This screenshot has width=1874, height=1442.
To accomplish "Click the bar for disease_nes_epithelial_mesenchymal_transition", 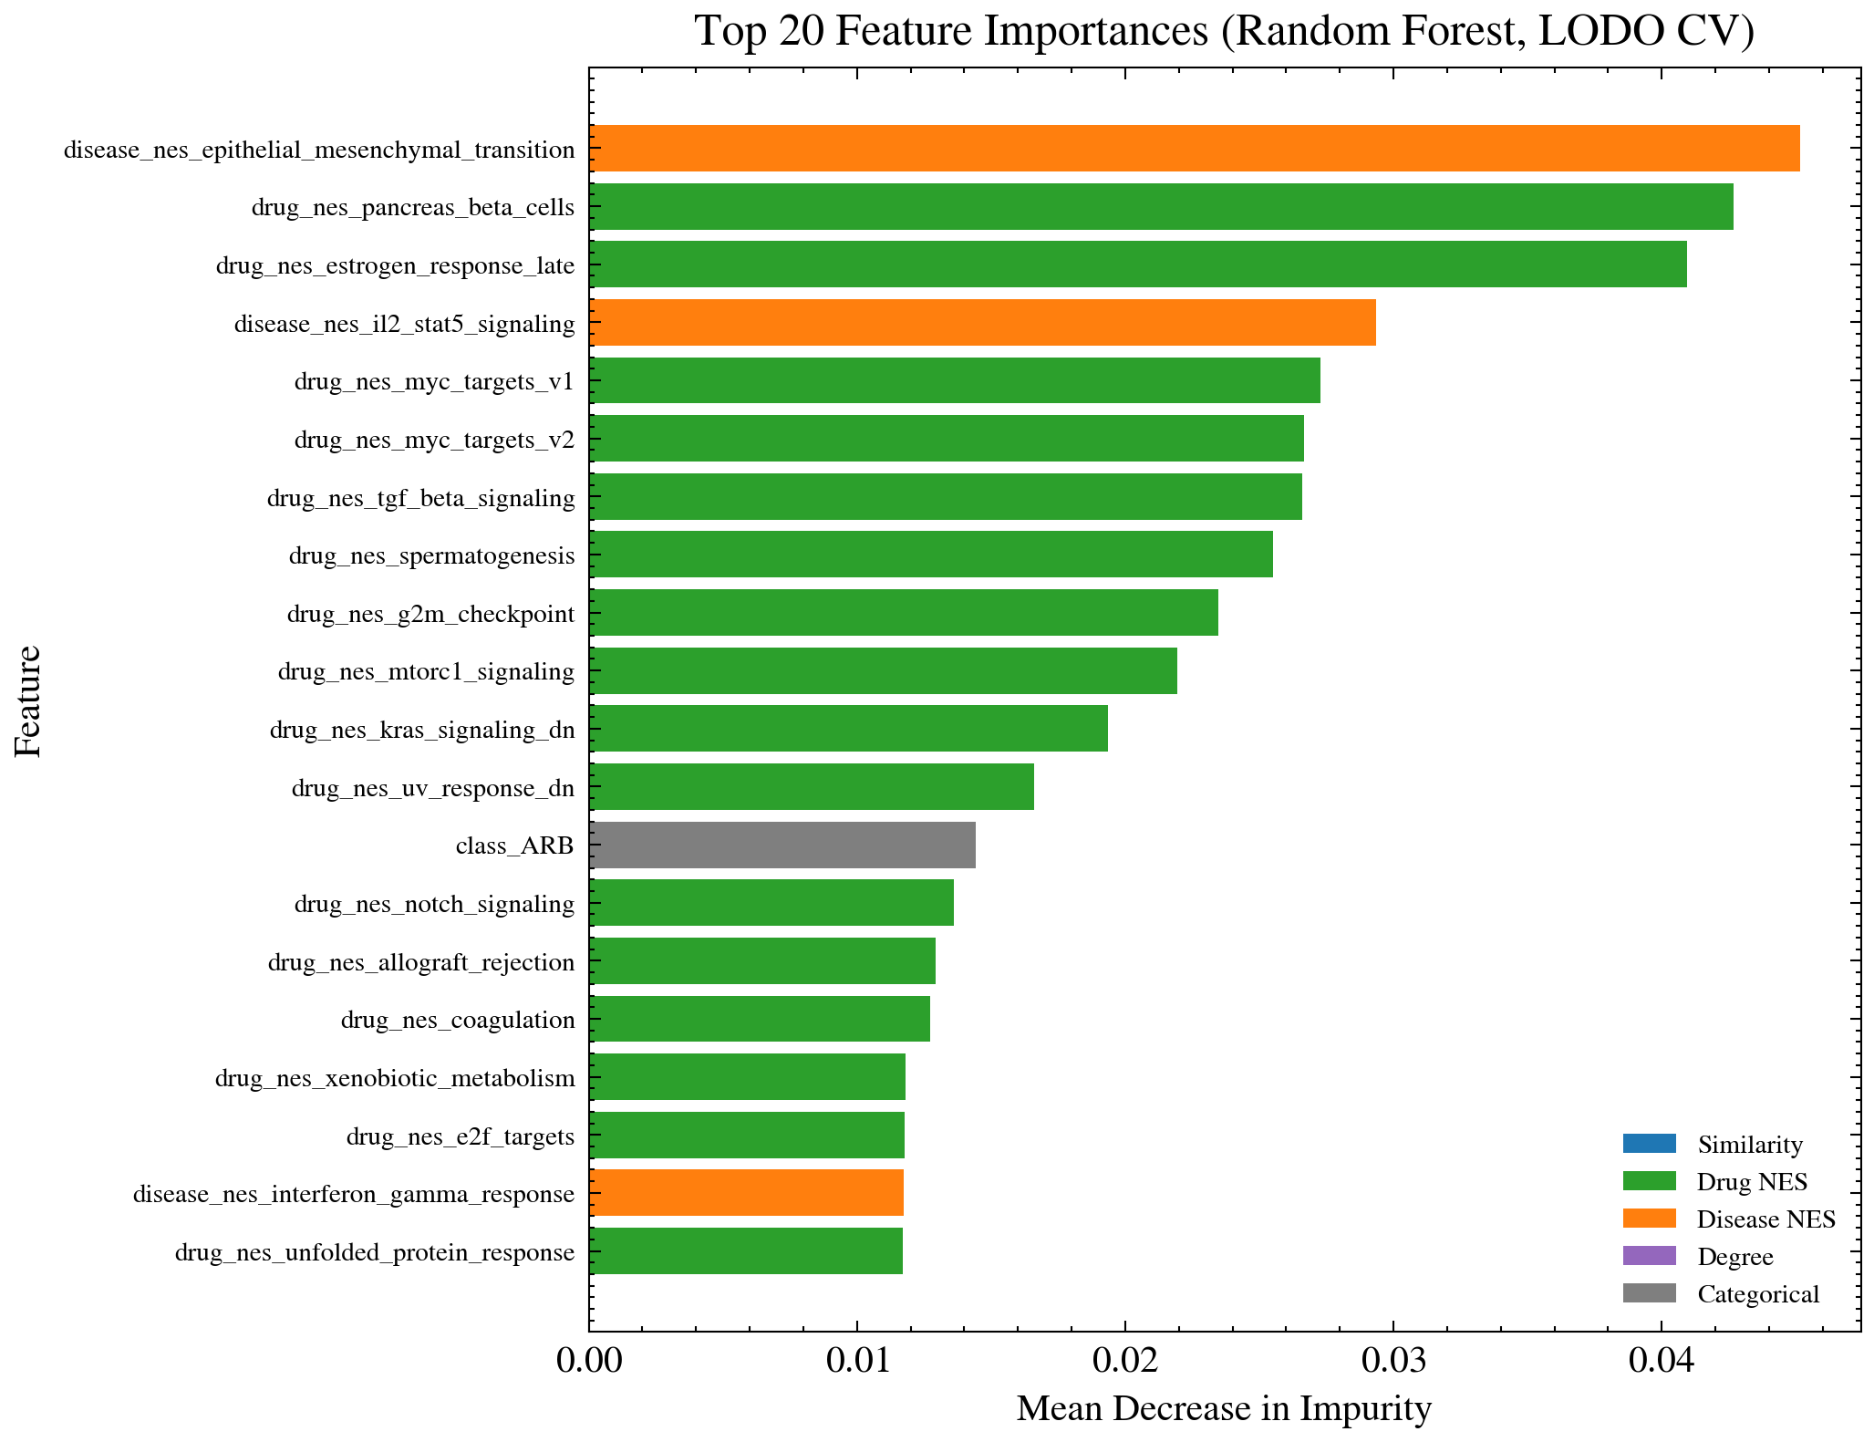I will [x=1194, y=148].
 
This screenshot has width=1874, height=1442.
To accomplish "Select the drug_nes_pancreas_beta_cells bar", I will [x=1161, y=206].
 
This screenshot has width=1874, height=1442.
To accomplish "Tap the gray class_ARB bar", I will [x=782, y=845].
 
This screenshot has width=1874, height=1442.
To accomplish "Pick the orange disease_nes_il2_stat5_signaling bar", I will [x=982, y=323].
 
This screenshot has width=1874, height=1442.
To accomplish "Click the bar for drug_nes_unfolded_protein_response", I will [x=746, y=1250].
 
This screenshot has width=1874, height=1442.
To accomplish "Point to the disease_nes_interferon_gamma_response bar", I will [x=746, y=1192].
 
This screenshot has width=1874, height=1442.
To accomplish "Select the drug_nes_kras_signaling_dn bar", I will [x=848, y=728].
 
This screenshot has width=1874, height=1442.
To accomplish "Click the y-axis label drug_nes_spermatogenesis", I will [x=431, y=555].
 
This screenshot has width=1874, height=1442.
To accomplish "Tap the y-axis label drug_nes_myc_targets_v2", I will [x=434, y=441].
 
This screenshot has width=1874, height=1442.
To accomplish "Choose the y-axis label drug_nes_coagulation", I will [x=458, y=1020].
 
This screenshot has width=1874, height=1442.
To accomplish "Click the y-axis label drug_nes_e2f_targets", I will [x=461, y=1136].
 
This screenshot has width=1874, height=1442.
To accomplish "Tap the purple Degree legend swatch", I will [x=1649, y=1256].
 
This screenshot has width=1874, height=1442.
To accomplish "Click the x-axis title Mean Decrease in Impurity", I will [x=1224, y=1409].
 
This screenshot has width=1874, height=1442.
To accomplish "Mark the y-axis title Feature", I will [x=28, y=700].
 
